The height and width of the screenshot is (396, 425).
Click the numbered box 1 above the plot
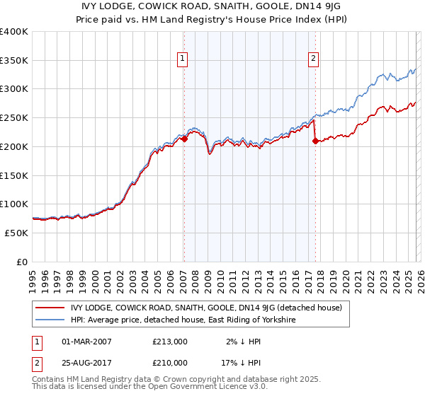pos(183,59)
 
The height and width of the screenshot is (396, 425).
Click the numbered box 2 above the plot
pos(313,59)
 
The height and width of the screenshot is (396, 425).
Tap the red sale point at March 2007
pos(184,139)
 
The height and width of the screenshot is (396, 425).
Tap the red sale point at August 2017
pos(314,141)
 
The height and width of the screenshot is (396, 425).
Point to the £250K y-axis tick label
pos(13,118)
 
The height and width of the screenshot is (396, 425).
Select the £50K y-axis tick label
pos(16,233)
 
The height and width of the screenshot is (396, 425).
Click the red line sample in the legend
pos(50,308)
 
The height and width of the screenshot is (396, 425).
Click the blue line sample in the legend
pos(50,320)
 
